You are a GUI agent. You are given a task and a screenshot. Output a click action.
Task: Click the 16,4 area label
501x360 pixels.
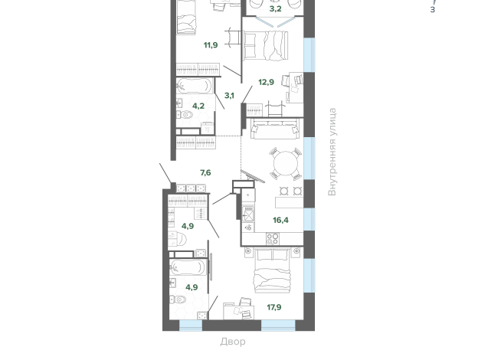point(280,220)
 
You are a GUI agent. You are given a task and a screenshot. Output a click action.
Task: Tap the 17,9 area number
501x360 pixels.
point(274,307)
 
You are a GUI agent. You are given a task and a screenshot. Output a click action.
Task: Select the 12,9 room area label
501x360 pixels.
point(266,82)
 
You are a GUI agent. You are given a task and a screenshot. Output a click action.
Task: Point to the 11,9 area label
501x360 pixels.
point(211,45)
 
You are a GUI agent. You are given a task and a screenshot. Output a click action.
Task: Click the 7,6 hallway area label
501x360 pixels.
point(205,173)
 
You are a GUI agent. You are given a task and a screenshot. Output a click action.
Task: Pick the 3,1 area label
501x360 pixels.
point(229,96)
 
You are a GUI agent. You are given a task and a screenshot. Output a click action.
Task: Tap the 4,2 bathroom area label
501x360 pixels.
point(198,106)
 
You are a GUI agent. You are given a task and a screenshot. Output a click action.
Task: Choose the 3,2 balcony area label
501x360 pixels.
point(276,9)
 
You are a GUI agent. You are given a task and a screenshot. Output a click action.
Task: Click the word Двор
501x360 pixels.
point(233,342)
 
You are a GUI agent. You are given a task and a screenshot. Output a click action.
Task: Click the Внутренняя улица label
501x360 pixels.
point(332,152)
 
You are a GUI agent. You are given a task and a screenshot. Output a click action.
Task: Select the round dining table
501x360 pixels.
point(286,163)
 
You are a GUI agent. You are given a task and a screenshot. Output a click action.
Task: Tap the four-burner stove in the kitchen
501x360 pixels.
point(273,239)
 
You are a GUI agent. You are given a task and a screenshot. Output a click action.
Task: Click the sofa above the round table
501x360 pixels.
point(275,129)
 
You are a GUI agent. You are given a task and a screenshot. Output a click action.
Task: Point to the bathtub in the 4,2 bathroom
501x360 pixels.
point(194,86)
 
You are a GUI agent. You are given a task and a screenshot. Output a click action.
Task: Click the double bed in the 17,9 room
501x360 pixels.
point(272,270)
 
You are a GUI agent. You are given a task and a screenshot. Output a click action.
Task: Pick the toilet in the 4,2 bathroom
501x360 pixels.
point(185,114)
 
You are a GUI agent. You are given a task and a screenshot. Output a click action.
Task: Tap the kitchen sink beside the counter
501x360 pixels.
point(248,214)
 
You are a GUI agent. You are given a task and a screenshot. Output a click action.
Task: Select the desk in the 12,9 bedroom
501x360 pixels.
point(296,87)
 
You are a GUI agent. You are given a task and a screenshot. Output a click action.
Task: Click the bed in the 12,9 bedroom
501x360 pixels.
point(266,45)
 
